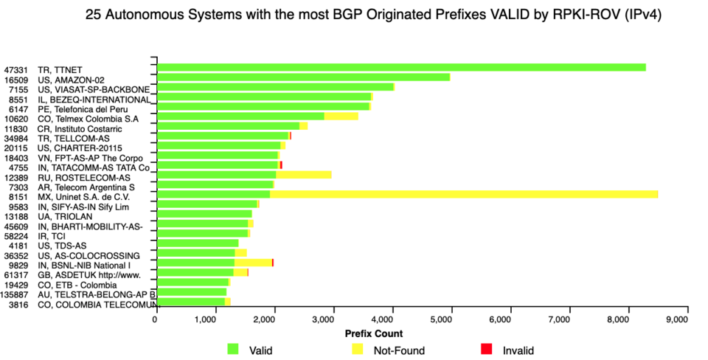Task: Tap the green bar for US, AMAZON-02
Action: pos(303,77)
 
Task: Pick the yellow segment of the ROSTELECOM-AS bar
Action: pos(303,175)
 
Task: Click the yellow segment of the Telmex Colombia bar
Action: pos(341,116)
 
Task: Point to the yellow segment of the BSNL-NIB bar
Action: pos(253,263)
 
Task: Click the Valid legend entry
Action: pos(235,350)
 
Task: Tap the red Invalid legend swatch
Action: pos(485,350)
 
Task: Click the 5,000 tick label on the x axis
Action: pos(445,319)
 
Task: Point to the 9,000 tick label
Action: pos(676,319)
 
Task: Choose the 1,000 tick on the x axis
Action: pos(214,319)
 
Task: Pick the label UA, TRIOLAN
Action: pos(65,216)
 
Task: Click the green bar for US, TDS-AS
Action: pos(197,243)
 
